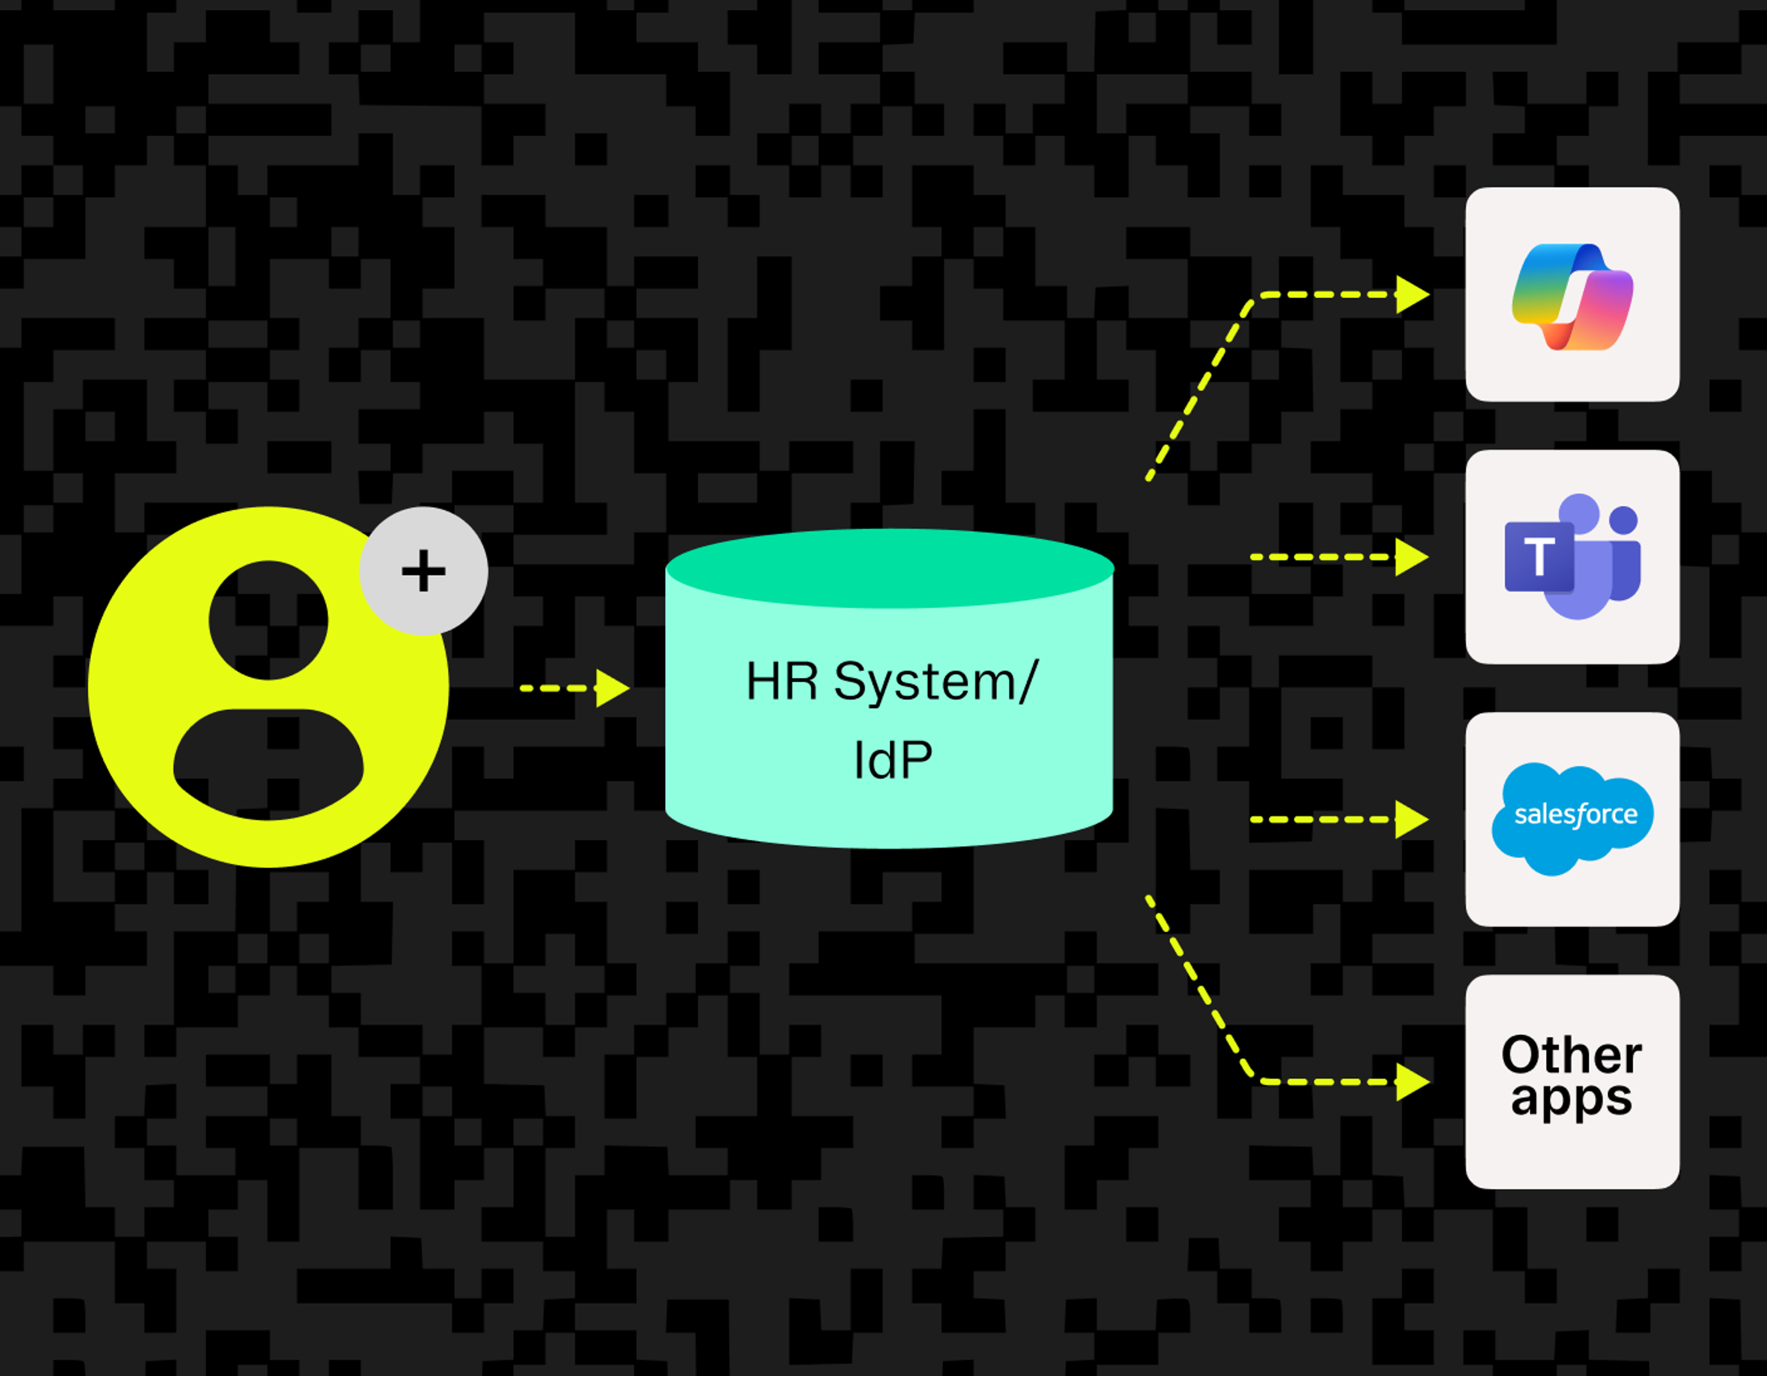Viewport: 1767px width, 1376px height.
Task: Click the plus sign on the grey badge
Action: coord(423,571)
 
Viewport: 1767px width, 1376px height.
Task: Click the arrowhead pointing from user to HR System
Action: coord(612,688)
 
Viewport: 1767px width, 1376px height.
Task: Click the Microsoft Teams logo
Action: coord(1572,557)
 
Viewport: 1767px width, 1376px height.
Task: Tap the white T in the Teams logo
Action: coord(1539,557)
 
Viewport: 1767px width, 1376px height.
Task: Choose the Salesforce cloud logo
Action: coord(1572,818)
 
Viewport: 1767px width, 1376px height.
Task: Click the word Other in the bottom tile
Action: coord(1571,1055)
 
